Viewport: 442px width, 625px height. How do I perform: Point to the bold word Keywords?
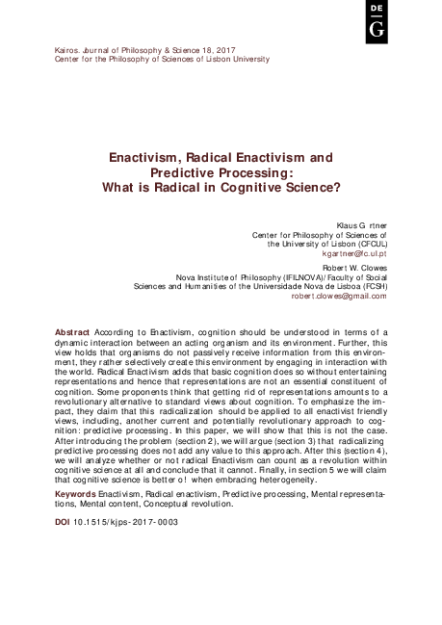75,494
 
